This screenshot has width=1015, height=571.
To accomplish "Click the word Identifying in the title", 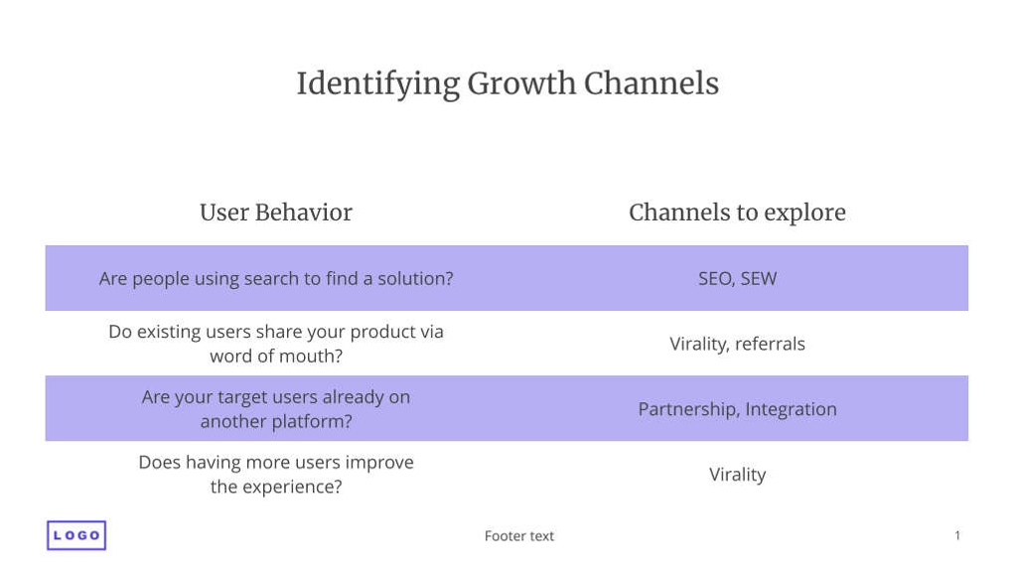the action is (378, 84).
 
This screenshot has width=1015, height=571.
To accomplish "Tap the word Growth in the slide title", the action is (521, 83).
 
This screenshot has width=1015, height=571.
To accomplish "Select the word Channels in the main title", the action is (652, 83).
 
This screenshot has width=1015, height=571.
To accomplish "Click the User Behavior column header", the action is (276, 213).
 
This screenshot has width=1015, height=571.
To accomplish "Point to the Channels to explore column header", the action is (737, 213).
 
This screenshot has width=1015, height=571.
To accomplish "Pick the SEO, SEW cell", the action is (737, 278).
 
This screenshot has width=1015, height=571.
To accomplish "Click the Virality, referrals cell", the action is (737, 344).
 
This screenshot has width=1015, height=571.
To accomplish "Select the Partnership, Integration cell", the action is (737, 409).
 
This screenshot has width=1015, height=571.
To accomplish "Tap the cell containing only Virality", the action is (737, 475).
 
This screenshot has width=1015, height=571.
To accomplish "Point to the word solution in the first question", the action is (415, 278).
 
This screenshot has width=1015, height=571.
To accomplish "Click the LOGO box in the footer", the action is (76, 535).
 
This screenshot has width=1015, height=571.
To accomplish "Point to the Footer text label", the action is (519, 536).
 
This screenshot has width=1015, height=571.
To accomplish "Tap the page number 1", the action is (957, 535).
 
